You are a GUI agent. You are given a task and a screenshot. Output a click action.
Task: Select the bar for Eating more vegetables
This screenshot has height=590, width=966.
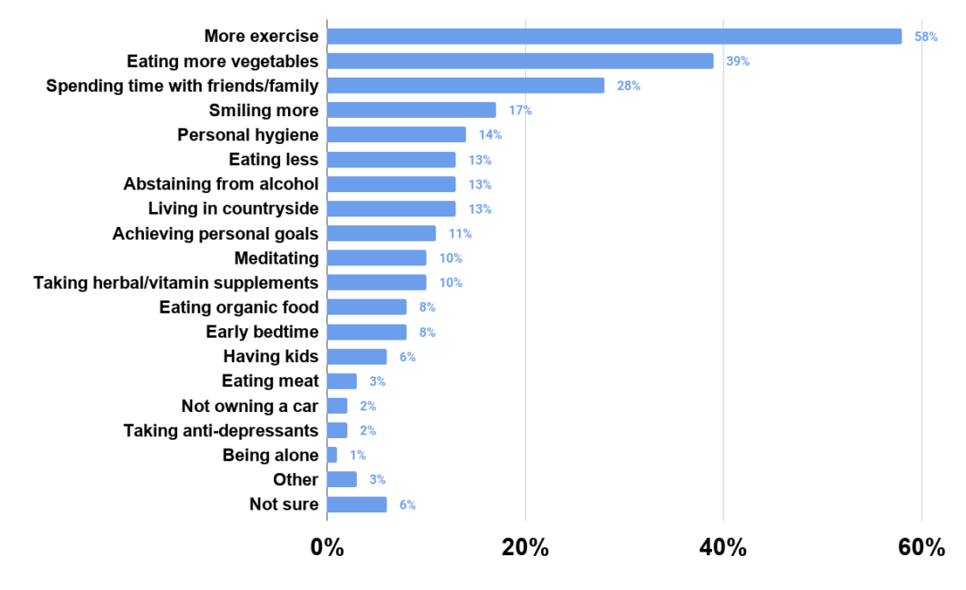520,61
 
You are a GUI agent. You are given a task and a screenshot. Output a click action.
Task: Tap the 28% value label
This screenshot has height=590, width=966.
628,86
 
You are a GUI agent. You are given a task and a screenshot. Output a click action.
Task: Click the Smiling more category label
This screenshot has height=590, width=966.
264,110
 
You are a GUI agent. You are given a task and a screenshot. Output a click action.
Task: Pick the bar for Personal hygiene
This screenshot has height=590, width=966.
396,135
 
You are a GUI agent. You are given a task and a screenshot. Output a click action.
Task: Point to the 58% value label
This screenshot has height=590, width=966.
926,37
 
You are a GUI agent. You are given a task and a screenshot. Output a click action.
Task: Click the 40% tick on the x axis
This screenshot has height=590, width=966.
724,548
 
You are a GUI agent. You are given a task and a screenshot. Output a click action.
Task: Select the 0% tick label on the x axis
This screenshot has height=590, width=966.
327,548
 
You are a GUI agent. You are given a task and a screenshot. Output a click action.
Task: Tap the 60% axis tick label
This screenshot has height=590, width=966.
921,548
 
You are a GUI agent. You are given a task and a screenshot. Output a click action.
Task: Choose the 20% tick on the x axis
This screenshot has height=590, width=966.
525,548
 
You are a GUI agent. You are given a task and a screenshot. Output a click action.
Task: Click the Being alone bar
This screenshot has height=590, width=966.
332,455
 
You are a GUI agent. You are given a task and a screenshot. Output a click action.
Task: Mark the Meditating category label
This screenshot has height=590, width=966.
276,258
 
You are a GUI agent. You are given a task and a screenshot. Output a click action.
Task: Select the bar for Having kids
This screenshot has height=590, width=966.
357,357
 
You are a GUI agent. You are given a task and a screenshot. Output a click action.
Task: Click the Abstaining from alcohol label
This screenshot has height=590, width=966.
221,184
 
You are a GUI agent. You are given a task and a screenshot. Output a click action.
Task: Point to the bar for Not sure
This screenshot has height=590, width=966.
357,504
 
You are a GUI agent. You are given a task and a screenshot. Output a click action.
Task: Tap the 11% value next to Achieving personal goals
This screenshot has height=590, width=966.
460,233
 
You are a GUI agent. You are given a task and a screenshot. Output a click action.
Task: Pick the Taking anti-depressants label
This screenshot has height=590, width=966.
221,431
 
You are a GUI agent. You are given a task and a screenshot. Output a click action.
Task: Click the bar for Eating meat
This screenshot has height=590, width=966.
342,382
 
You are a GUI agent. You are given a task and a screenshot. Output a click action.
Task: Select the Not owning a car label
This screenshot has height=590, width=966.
250,406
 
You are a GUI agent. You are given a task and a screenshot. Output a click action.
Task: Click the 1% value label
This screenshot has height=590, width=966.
358,455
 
